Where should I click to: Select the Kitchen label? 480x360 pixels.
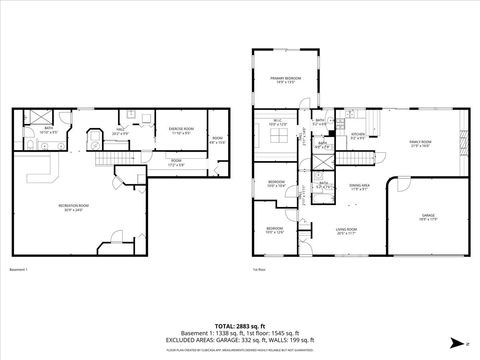pos(357,137)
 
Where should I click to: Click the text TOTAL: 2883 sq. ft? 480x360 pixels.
pos(240,326)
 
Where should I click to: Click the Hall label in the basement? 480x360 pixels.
pos(119,130)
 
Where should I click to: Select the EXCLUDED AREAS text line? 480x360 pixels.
pos(240,339)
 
